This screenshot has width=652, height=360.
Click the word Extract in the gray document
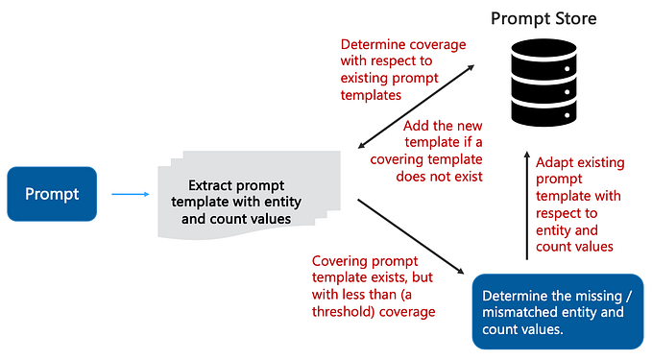tap(211, 186)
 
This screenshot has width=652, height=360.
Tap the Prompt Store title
tap(544, 17)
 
